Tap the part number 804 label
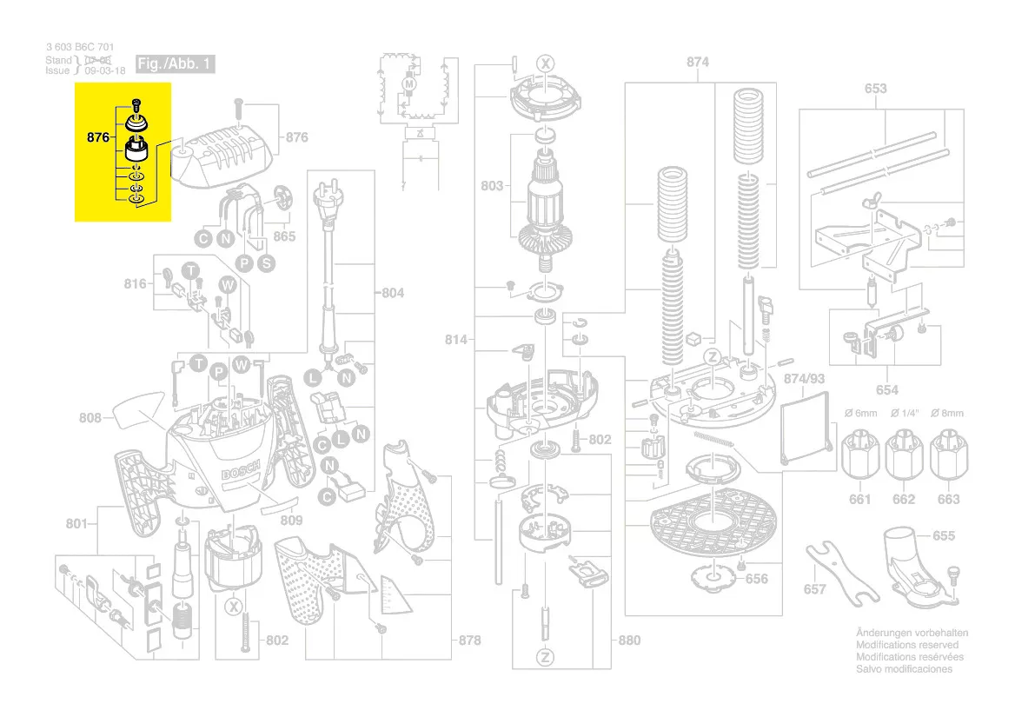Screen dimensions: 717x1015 pos(393,293)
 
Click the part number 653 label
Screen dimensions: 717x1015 pos(875,88)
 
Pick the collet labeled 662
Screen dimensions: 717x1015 pos(904,455)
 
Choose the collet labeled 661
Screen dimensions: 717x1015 pos(859,455)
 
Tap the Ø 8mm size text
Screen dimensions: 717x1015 pos(947,412)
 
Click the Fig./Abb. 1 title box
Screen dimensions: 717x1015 pos(176,64)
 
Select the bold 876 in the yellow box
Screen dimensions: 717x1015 pos(97,136)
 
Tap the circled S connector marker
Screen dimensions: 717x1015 pos(266,262)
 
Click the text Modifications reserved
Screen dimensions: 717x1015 pos(907,645)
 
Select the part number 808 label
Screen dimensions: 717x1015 pos(90,418)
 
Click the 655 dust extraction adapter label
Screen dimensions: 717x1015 pos(943,535)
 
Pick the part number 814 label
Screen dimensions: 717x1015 pos(457,340)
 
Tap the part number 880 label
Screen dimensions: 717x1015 pos(629,641)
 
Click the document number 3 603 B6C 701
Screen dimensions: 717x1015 pos(79,47)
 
